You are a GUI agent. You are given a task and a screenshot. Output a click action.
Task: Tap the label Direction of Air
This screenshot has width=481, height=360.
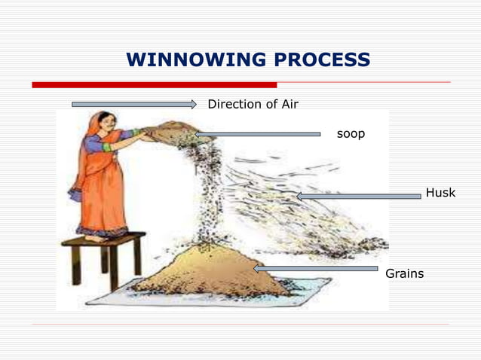253,104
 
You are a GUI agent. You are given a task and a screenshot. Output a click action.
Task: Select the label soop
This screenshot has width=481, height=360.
351,134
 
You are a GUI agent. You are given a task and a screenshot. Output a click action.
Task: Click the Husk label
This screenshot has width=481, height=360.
440,193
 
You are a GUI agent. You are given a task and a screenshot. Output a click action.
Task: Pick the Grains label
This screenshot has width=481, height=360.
404,273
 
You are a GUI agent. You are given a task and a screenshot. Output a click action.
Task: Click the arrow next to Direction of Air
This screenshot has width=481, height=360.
133,104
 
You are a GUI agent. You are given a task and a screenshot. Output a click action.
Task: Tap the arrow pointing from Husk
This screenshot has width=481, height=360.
358,196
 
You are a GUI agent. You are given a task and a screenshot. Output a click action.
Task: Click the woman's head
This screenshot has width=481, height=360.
105,123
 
